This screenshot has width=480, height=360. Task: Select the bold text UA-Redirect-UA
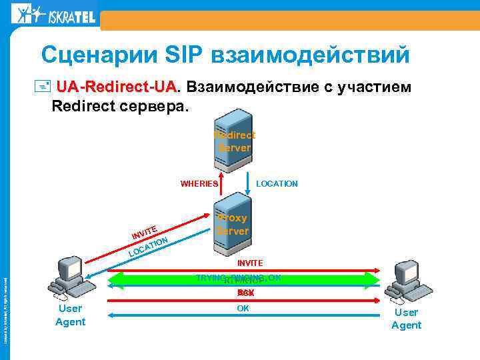pyautogui.click(x=117, y=87)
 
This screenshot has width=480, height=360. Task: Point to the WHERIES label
pyautogui.click(x=199, y=183)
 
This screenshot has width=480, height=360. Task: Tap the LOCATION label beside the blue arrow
pyautogui.click(x=277, y=183)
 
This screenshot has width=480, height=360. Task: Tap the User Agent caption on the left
pyautogui.click(x=70, y=315)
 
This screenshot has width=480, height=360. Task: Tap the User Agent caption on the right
pyautogui.click(x=406, y=319)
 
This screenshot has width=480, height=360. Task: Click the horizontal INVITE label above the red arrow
pyautogui.click(x=250, y=263)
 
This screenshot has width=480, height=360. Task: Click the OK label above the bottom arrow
pyautogui.click(x=243, y=309)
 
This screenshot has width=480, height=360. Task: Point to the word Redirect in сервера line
pyautogui.click(x=83, y=105)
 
